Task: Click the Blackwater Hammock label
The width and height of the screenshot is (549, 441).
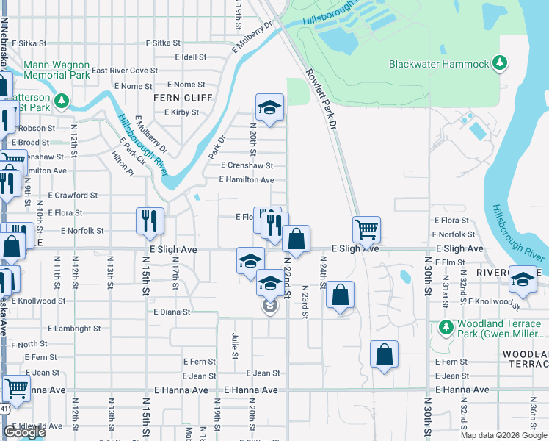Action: [x=439, y=64]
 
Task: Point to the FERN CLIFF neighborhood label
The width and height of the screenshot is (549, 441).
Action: [x=183, y=98]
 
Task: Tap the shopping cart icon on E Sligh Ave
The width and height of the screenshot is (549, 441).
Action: [x=366, y=229]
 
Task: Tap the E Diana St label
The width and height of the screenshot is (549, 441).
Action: [x=172, y=312]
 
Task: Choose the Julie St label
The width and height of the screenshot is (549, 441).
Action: [x=235, y=345]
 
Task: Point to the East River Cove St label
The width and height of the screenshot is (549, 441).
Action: [x=125, y=71]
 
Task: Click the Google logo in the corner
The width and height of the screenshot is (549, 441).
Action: [x=24, y=433]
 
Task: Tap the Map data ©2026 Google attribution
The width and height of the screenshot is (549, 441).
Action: [x=503, y=435]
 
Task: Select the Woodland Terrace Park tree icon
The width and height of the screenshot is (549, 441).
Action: [x=445, y=326]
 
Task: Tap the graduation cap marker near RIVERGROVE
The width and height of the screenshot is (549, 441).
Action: [x=522, y=279]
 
